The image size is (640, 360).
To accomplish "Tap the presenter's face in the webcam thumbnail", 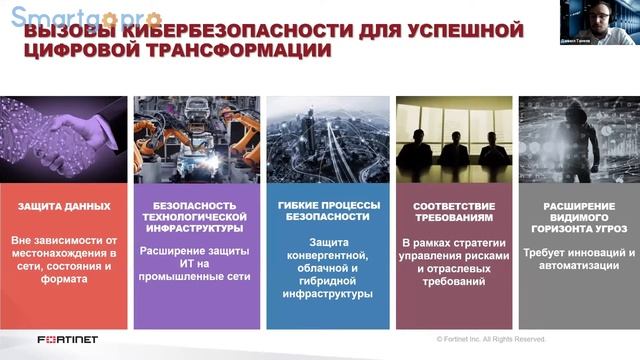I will pyautogui.click(x=598, y=14).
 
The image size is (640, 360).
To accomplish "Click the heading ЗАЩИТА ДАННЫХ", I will pyautogui.click(x=64, y=206).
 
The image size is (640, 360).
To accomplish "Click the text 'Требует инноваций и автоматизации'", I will pyautogui.click(x=579, y=260).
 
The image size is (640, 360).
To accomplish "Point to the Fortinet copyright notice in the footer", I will pyautogui.click(x=489, y=340).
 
